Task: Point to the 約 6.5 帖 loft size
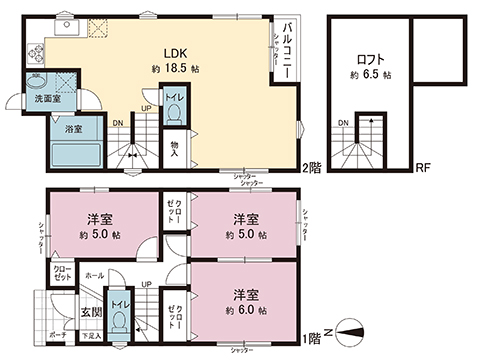click(371, 75)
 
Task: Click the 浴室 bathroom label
click(75, 130)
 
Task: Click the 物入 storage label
click(174, 148)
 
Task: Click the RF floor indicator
click(423, 167)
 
